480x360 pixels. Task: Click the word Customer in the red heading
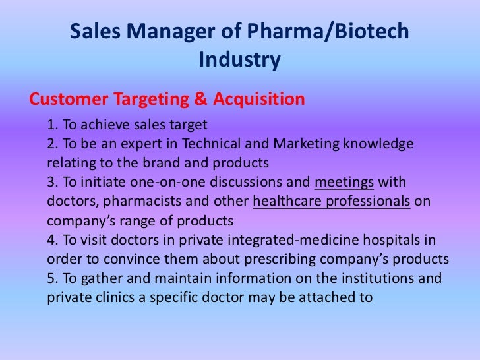pyautogui.click(x=70, y=100)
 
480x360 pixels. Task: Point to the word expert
pyautogui.click(x=143, y=144)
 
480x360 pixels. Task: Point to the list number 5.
pyautogui.click(x=52, y=278)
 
